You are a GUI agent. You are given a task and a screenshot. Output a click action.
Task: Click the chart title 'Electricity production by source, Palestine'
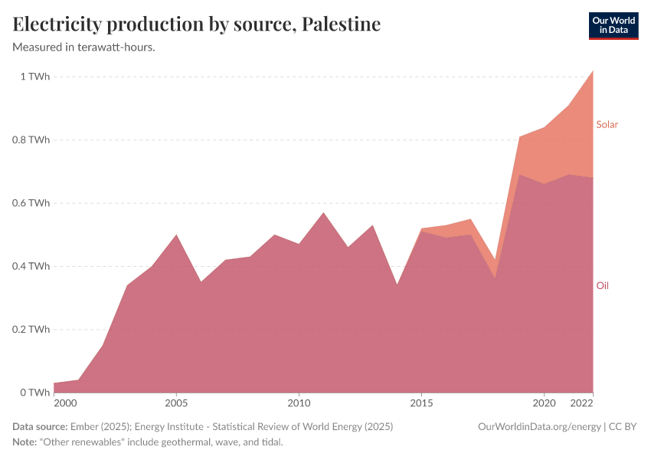tap(197, 25)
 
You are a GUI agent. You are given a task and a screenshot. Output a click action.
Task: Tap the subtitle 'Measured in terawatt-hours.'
tap(84, 48)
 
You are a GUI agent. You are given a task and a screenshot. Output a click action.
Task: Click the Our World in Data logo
tap(613, 25)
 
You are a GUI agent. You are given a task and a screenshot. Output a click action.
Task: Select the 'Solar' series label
tap(607, 124)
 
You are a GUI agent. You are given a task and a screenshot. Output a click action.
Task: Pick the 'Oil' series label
tap(602, 285)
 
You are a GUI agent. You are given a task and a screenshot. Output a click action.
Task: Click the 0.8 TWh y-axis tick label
tap(30, 140)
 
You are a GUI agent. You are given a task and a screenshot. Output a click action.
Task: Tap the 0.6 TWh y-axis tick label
tap(30, 203)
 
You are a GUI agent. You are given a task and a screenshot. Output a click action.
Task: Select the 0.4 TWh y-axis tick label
tap(30, 267)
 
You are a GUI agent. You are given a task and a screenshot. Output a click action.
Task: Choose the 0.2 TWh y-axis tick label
tap(30, 330)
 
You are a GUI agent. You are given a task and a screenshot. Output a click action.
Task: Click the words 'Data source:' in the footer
tap(40, 427)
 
